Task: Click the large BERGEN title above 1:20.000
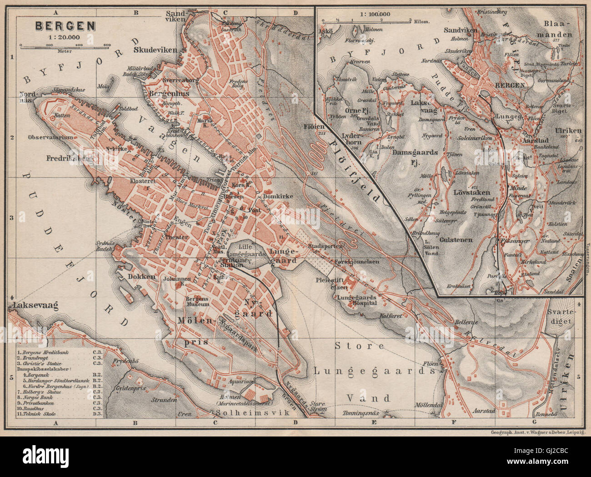tap(65, 25)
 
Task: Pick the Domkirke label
tap(276, 196)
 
